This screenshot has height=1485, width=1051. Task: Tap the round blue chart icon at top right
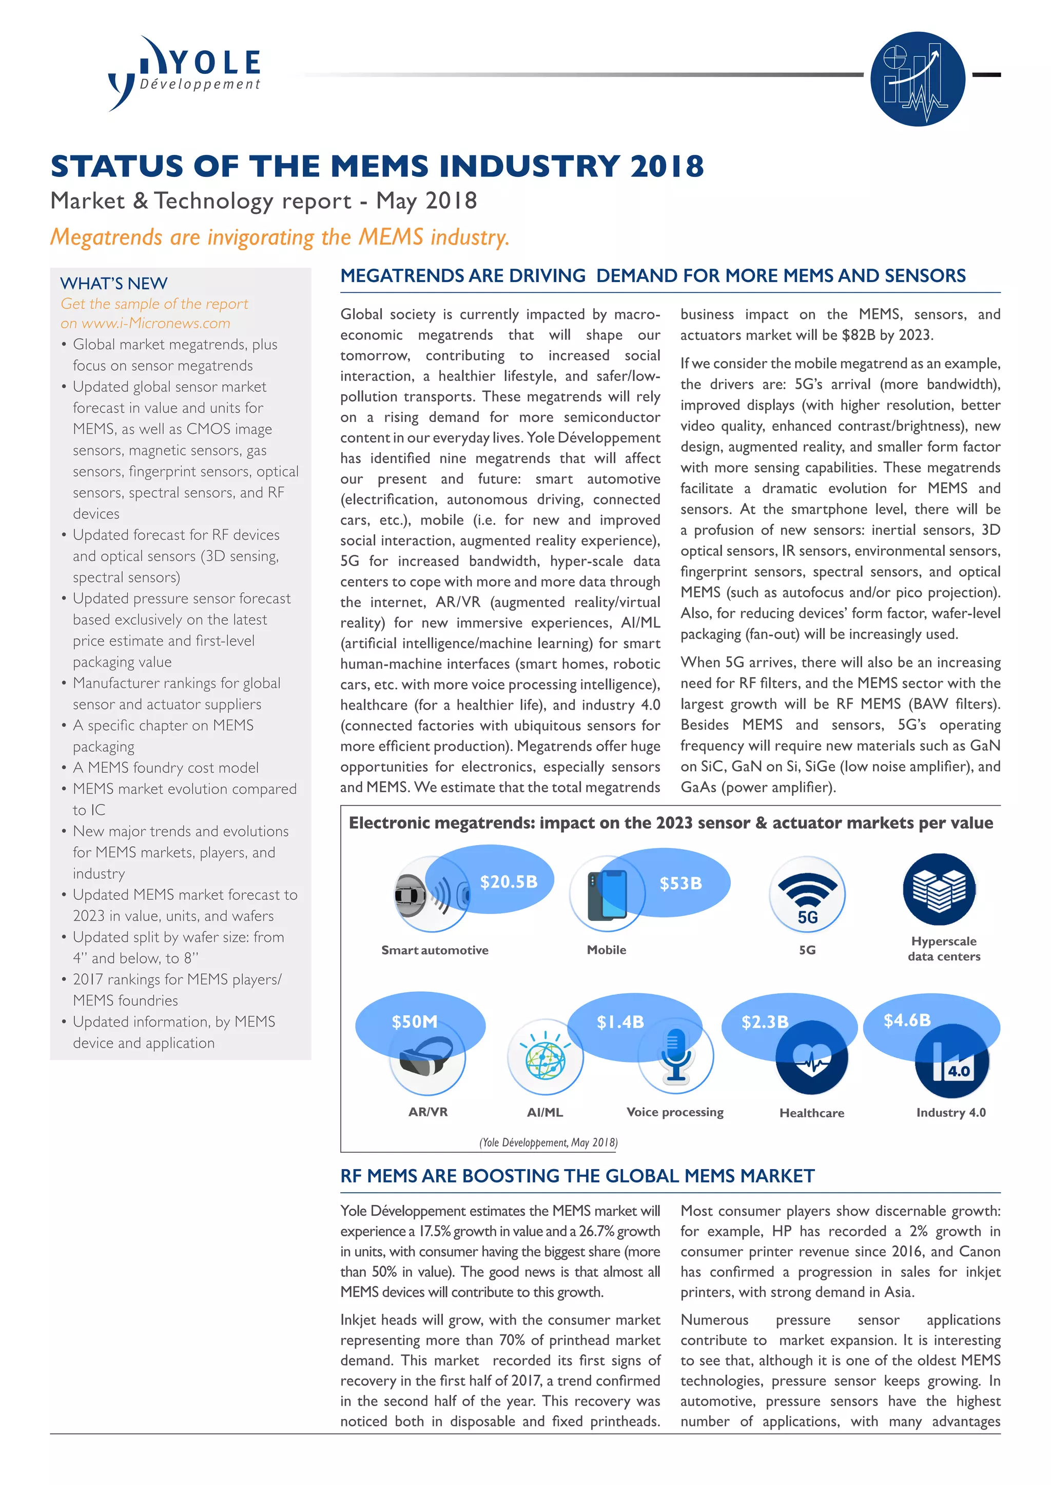pyautogui.click(x=917, y=79)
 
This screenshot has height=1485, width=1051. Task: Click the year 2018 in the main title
pyautogui.click(x=667, y=166)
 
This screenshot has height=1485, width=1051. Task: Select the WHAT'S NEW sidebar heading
pyautogui.click(x=114, y=283)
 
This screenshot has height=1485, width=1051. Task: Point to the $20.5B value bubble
pyautogui.click(x=509, y=882)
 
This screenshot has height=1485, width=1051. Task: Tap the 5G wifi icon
pyautogui.click(x=807, y=894)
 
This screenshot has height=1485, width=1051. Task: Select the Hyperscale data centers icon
pyautogui.click(x=939, y=889)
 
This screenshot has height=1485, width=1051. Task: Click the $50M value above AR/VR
pyautogui.click(x=414, y=1022)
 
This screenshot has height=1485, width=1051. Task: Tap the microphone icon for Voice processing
pyautogui.click(x=675, y=1056)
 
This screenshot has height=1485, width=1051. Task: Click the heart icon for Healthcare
pyautogui.click(x=811, y=1060)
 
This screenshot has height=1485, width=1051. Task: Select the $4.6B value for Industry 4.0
pyautogui.click(x=907, y=1020)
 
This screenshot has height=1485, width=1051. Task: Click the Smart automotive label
pyautogui.click(x=434, y=950)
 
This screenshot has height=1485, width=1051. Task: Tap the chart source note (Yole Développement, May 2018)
pyautogui.click(x=548, y=1142)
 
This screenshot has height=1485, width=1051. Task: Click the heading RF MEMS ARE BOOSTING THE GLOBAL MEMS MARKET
pyautogui.click(x=577, y=1176)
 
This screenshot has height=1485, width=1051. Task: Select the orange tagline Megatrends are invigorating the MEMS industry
pyautogui.click(x=280, y=237)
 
